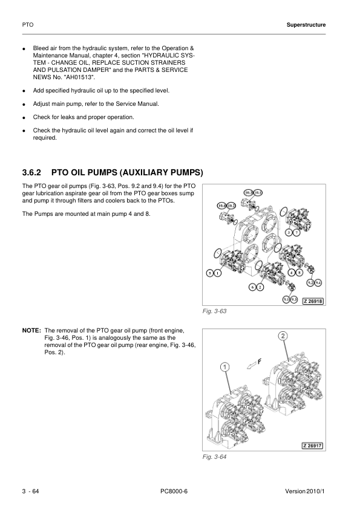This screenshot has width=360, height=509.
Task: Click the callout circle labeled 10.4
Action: click(221, 206)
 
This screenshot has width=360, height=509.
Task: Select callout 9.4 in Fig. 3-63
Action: click(318, 282)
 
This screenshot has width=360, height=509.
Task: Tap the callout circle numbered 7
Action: click(296, 232)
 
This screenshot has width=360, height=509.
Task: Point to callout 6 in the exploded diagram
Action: click(253, 287)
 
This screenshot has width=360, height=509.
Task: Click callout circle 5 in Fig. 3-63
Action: click(210, 273)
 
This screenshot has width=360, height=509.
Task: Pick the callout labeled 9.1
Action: click(286, 299)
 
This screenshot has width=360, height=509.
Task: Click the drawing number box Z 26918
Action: click(313, 301)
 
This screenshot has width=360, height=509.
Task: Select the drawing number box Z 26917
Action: click(313, 446)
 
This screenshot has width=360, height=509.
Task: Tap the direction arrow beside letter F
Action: click(252, 366)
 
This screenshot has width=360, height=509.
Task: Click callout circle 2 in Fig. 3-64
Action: click(283, 336)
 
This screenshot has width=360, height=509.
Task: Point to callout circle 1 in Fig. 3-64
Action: click(224, 367)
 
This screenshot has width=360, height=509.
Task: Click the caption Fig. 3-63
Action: click(214, 311)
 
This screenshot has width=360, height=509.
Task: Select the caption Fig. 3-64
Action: click(214, 457)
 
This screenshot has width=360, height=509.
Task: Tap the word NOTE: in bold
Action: click(31, 331)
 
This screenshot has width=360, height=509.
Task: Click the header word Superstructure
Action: click(306, 25)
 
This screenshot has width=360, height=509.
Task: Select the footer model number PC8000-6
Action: click(174, 491)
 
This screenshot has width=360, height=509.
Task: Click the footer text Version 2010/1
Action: click(305, 491)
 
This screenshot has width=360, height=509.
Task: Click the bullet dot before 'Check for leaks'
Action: click(24, 118)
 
